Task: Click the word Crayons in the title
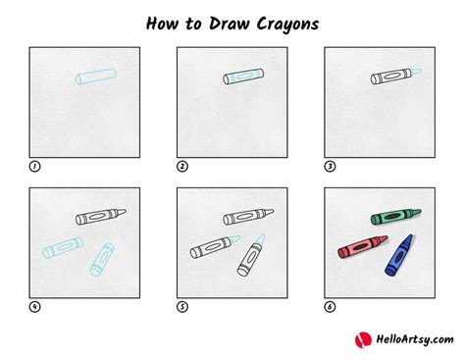287,25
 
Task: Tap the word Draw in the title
230,24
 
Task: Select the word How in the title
162,24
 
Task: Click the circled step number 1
34,167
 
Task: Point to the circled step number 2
182,167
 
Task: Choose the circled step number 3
330,167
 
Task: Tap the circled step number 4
34,307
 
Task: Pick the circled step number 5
182,307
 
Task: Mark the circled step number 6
330,307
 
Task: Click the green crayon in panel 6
395,216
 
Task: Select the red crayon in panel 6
362,246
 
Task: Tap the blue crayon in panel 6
399,255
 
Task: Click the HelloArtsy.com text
415,339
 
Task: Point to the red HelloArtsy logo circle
363,340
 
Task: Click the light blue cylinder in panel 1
96,77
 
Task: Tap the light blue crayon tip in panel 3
416,72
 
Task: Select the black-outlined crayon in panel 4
101,216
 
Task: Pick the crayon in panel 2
243,77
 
